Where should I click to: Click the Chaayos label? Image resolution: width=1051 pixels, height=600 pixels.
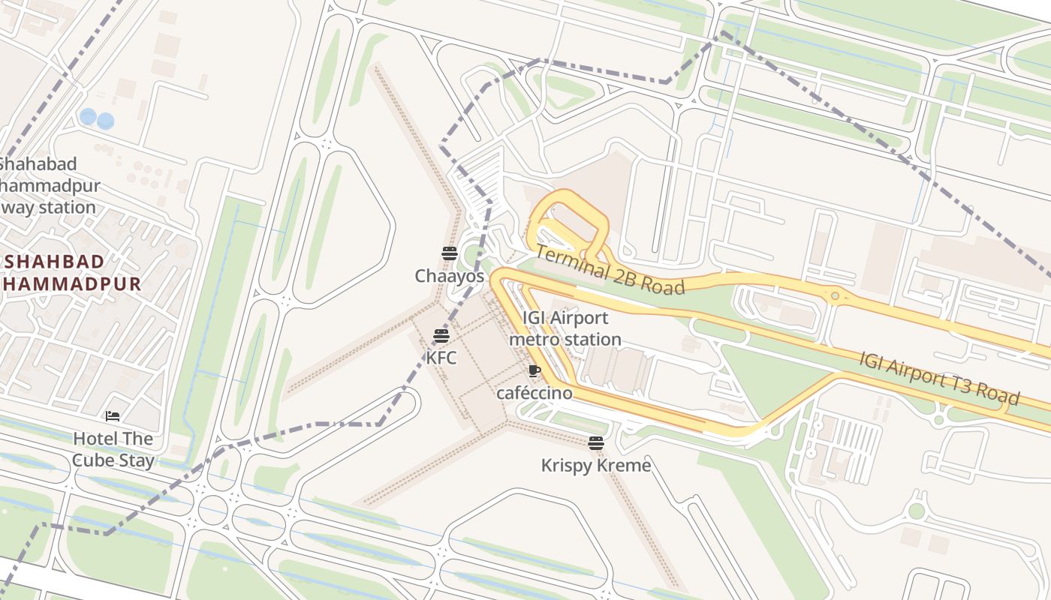450,276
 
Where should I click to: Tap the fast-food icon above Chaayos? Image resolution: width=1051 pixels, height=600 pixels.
450,253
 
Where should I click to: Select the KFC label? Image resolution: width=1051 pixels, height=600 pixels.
441,358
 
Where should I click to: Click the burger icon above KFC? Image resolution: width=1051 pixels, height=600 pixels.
441,336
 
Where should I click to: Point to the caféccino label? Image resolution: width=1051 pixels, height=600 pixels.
534,393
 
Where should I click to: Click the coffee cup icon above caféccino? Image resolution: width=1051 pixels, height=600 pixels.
534,370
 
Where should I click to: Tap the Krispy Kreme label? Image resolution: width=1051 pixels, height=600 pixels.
596,466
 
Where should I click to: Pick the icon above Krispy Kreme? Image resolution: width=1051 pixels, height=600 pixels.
596,443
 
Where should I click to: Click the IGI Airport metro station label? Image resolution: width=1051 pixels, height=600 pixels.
565,328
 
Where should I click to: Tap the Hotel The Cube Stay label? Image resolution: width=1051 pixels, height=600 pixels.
113,449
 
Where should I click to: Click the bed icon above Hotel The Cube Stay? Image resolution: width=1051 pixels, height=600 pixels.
113,415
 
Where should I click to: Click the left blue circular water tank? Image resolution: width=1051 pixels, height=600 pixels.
88,117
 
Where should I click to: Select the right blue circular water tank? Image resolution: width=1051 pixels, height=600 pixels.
106,121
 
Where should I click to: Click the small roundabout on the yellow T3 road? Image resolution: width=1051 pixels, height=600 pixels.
835,297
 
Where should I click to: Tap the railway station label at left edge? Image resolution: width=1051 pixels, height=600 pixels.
48,185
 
